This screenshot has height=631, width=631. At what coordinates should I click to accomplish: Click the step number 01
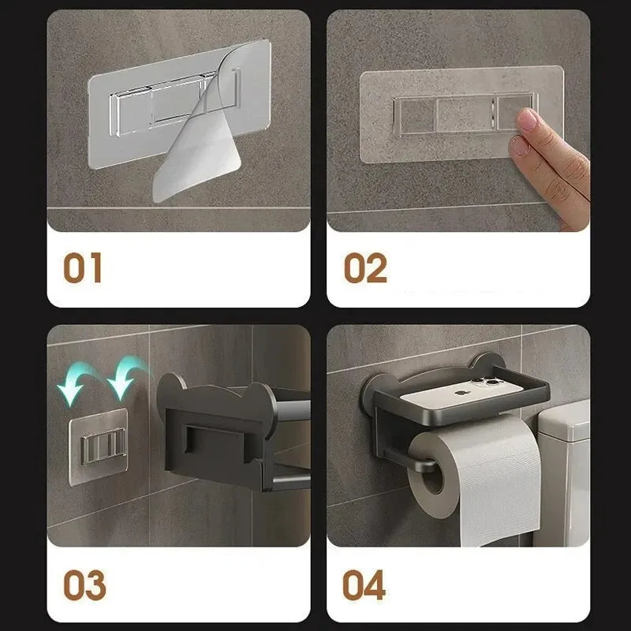coord(83,267)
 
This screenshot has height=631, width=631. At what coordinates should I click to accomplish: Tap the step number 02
coord(365,267)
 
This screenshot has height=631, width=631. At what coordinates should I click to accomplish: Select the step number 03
coord(85,584)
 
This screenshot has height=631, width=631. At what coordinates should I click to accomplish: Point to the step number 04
coord(364,584)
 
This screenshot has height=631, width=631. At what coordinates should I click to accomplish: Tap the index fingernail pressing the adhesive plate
coord(527,119)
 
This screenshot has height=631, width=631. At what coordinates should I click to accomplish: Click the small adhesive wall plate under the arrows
coord(99,446)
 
